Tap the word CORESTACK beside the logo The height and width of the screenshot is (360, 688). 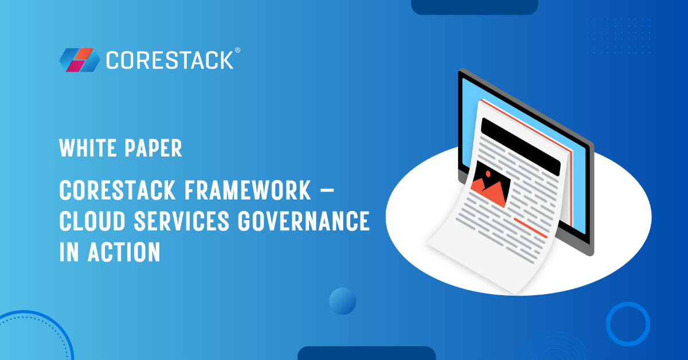coord(170,60)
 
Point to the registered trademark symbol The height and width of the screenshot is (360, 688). coord(237,50)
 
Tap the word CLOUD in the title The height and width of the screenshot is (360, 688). coord(91,221)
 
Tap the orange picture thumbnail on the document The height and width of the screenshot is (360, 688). coord(491,183)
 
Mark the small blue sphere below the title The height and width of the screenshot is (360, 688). coord(343,301)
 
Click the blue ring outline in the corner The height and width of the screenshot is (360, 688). coord(628,323)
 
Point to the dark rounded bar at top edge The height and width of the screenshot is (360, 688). coord(475,6)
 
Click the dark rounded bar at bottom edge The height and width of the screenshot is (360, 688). coord(366,353)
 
